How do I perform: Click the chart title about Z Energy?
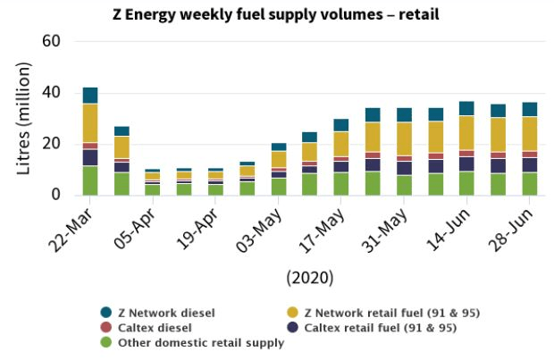(276, 14)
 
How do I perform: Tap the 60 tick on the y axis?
(51, 42)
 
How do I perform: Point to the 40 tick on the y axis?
(51, 93)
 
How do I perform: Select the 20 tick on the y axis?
(51, 144)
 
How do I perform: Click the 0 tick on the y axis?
(55, 195)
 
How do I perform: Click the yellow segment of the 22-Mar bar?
(90, 122)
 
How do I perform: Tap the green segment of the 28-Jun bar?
(530, 183)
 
